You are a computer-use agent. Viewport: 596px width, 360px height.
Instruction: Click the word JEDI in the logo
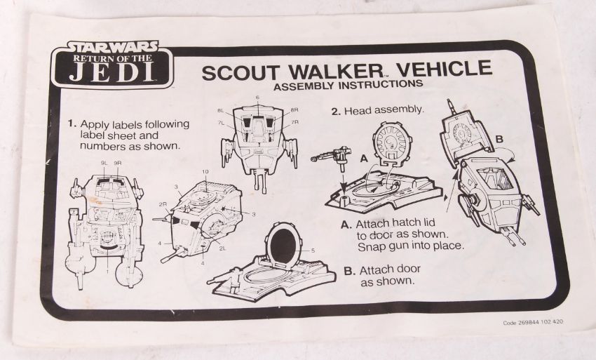(112, 72)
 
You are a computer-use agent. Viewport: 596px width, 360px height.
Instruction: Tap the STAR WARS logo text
(112, 47)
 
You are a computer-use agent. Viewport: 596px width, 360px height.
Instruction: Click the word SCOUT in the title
(241, 72)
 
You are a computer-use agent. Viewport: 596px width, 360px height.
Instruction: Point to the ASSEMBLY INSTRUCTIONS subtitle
(348, 85)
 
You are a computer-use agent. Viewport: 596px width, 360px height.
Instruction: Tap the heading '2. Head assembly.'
(377, 110)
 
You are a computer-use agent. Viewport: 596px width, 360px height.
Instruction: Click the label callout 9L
(104, 163)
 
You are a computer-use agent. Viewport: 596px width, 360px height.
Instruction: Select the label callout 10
(205, 172)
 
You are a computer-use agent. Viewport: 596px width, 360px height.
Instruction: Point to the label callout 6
(257, 98)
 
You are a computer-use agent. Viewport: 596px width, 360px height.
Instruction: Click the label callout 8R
(294, 110)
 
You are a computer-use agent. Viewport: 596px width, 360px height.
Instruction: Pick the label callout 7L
(221, 122)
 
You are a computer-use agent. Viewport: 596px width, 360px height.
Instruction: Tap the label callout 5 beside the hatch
(313, 251)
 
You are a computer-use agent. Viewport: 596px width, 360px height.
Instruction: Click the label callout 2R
(163, 204)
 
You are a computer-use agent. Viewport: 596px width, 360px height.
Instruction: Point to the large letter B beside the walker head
(499, 139)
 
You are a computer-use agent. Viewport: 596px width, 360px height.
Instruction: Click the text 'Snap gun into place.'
(411, 246)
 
